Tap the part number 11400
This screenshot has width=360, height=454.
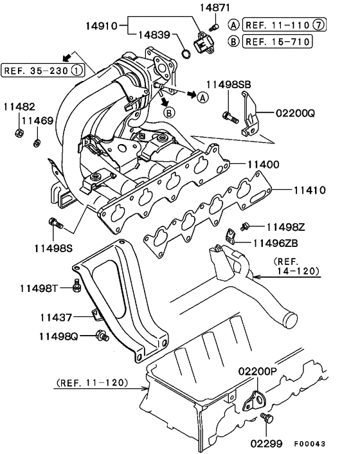click(260, 165)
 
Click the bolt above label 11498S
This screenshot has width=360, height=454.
click(55, 224)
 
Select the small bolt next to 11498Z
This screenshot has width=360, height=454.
click(245, 226)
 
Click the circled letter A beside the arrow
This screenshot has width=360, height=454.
click(203, 97)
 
